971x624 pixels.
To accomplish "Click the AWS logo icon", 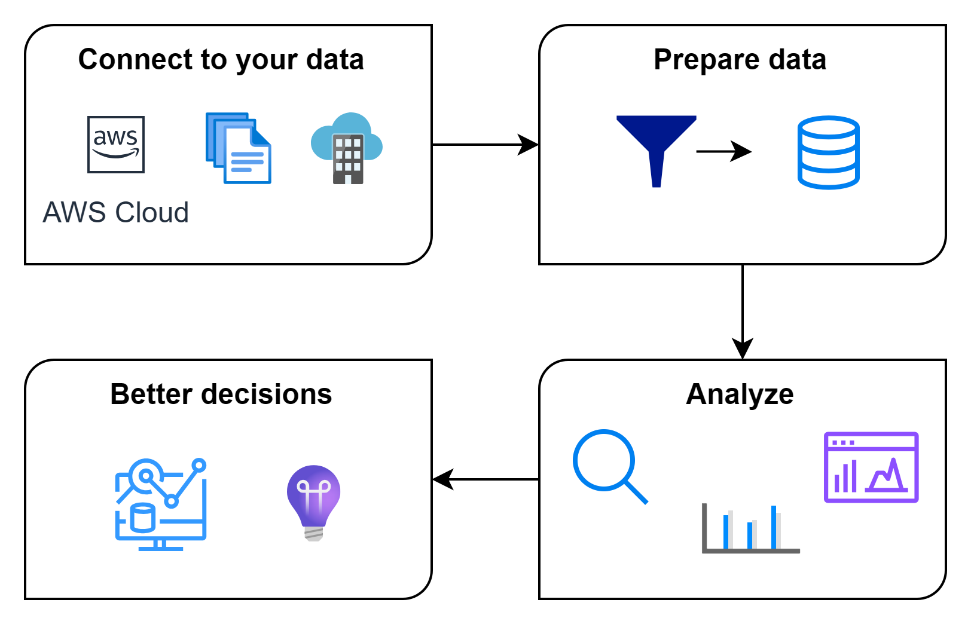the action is pos(116,145).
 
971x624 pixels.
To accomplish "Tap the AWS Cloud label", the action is pos(116,212).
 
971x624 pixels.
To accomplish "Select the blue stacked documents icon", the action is pos(239,148).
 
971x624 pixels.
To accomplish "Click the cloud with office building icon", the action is pos(347,148).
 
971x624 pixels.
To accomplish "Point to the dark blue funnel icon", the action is pos(656,143).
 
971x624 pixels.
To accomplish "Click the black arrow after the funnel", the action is pos(723,151).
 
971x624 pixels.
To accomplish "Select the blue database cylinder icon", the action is pos(828,152).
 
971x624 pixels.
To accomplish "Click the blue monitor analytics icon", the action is pos(160,504).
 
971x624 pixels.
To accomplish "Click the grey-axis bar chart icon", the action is pos(750,528).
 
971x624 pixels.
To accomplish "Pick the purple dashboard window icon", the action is pos(871,467).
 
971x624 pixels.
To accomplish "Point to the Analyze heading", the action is pos(740,394).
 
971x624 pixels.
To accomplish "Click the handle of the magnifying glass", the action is pos(636,493).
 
